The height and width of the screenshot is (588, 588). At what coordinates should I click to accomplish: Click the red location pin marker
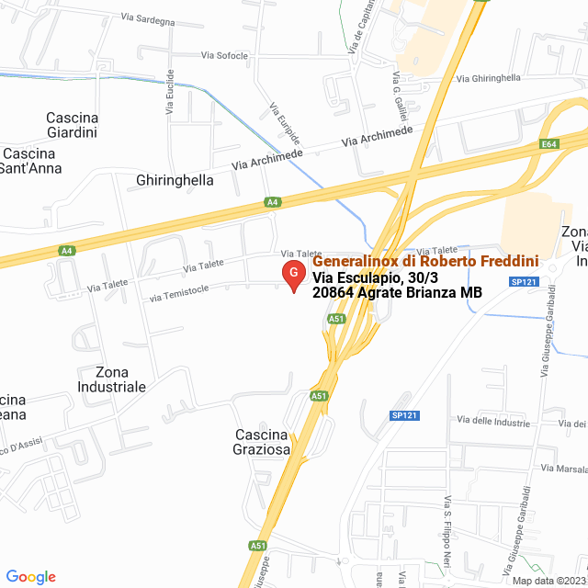(293, 275)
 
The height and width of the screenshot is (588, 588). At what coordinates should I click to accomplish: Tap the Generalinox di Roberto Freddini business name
(425, 263)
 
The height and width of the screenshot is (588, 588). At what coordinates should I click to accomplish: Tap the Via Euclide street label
(169, 93)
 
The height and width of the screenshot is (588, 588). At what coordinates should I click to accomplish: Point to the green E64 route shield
(549, 144)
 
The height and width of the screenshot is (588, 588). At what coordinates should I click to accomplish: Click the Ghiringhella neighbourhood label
(175, 180)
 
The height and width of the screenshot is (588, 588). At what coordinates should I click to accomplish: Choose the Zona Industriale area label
(120, 379)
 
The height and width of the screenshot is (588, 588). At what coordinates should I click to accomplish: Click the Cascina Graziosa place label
(263, 442)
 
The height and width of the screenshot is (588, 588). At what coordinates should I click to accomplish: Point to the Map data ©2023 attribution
(547, 581)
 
